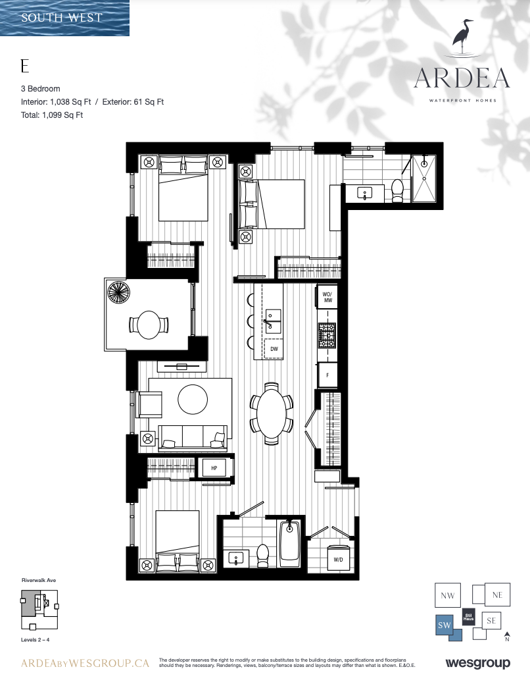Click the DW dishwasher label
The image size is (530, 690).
tap(274, 349)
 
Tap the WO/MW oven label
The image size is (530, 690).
tap(327, 297)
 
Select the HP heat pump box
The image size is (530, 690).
tap(214, 467)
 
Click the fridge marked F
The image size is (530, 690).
tap(327, 375)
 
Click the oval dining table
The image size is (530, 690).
tap(272, 413)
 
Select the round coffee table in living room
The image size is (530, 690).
tap(193, 400)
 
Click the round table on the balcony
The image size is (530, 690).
tap(149, 325)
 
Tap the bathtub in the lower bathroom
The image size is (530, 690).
tap(289, 543)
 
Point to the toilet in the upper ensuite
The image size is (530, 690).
tap(397, 190)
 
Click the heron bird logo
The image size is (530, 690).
tap(463, 38)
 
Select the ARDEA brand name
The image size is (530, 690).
tap(462, 78)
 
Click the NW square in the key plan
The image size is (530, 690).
tap(448, 595)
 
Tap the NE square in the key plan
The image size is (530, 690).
tap(497, 595)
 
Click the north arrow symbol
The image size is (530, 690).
tap(507, 636)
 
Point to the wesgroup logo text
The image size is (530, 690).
tap(477, 663)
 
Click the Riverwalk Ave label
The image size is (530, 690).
tap(39, 580)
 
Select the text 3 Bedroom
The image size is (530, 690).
tap(40, 88)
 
